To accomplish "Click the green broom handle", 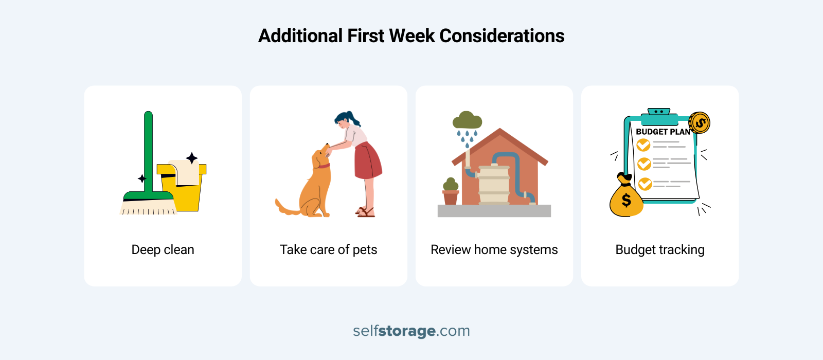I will (148, 149).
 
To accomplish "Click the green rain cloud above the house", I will (467, 121).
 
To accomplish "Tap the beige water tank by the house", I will (494, 185).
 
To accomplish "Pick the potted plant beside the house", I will (451, 191).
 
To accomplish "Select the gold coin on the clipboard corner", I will (700, 122).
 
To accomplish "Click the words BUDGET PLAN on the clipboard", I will (663, 132).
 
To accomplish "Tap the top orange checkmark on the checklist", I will (643, 145).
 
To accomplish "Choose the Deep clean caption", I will (163, 250).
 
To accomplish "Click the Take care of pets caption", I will (328, 250).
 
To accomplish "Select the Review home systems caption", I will (494, 250).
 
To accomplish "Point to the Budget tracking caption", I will (660, 250).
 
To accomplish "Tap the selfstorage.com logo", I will (411, 331).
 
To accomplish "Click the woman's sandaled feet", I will (366, 211).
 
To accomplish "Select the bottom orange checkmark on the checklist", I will (645, 183).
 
